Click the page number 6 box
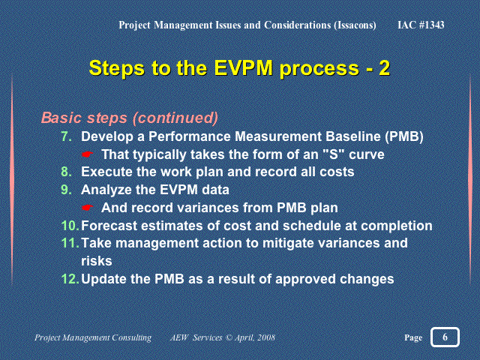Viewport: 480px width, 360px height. pos(445,337)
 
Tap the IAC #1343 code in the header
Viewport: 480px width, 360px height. pos(421,25)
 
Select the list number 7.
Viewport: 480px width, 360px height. pos(67,136)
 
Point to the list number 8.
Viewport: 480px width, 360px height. pos(67,172)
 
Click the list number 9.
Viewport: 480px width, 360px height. pos(67,190)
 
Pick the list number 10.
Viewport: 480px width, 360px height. pos(70,226)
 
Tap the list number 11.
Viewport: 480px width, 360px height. pos(70,243)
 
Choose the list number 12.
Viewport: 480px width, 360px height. pos(70,279)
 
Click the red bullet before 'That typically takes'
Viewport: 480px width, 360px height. pos(88,154)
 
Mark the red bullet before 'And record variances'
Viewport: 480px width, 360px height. pos(88,208)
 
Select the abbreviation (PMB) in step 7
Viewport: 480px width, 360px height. pos(404,136)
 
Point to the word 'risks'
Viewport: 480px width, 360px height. pos(97,261)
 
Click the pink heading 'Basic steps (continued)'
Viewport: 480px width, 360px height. pos(130,118)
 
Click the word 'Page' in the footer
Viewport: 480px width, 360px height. pos(413,337)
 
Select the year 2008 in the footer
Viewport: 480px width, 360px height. pos(266,337)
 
